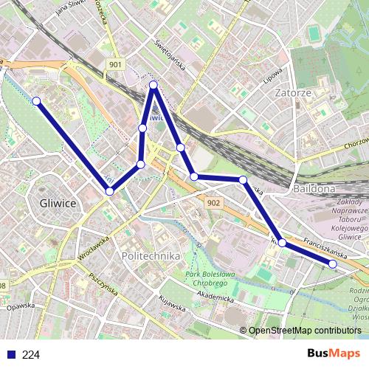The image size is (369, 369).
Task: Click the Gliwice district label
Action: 57,202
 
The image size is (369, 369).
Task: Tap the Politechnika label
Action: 148,255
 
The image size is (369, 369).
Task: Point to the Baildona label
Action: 314,189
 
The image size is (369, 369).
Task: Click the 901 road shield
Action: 114,65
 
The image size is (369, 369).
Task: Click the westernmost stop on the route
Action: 36,101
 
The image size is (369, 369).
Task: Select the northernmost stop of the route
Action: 154,86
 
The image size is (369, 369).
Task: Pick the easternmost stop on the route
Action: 332,263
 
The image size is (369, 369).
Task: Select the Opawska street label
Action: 22,305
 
